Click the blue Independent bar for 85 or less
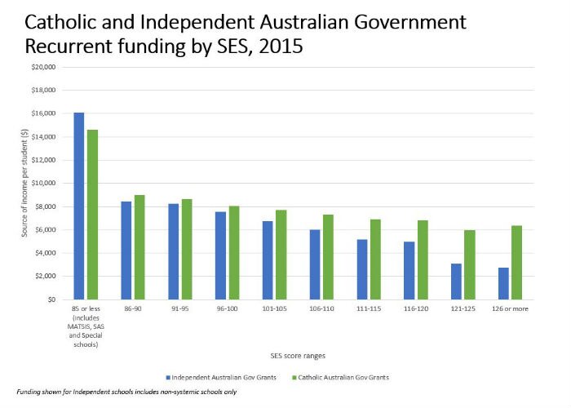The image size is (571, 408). pyautogui.click(x=79, y=206)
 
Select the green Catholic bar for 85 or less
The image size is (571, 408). pyautogui.click(x=92, y=215)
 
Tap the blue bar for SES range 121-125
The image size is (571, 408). pyautogui.click(x=456, y=282)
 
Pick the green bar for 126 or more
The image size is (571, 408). pyautogui.click(x=516, y=263)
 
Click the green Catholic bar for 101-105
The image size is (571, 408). pyautogui.click(x=281, y=255)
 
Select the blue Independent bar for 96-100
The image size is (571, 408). pyautogui.click(x=221, y=255)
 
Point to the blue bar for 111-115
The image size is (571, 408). pyautogui.click(x=362, y=269)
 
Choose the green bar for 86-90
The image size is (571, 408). pyautogui.click(x=139, y=247)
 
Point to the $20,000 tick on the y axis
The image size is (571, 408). pyautogui.click(x=43, y=67)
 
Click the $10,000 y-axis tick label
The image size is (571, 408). pyautogui.click(x=43, y=184)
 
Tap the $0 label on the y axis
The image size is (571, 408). pyautogui.click(x=51, y=299)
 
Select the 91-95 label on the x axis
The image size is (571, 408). pyautogui.click(x=180, y=309)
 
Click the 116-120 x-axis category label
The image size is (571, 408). pyautogui.click(x=416, y=309)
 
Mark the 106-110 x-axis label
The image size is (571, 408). pyautogui.click(x=321, y=309)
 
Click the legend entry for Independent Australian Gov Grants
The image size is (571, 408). pyautogui.click(x=221, y=377)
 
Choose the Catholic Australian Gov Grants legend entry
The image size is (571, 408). pyautogui.click(x=340, y=377)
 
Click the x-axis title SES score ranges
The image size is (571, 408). pyautogui.click(x=298, y=356)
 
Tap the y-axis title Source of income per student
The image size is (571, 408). pyautogui.click(x=24, y=183)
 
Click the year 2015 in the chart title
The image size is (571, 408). pyautogui.click(x=281, y=47)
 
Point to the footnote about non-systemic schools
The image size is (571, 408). pyautogui.click(x=126, y=392)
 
